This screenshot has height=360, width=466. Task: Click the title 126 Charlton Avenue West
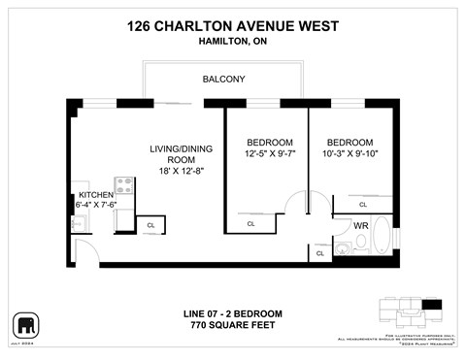point(232,27)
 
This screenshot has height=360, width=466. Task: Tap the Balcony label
point(223,80)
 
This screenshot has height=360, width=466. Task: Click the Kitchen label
point(96,195)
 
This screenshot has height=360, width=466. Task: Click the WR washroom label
point(360,225)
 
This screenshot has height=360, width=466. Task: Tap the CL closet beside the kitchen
point(150,225)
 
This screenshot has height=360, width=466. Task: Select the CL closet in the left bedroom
point(250,224)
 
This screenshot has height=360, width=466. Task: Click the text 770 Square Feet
point(232,325)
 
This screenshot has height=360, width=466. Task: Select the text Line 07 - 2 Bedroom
point(232,313)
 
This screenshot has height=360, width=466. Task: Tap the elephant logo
point(24,323)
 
